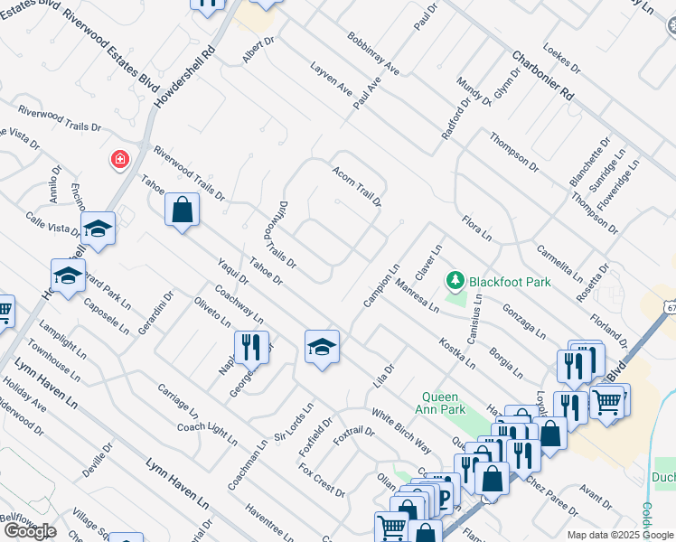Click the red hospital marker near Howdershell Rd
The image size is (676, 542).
(118, 161)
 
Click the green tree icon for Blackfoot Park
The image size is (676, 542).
(455, 282)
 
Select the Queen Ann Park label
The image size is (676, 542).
(454, 403)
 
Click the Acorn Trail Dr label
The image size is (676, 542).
(357, 186)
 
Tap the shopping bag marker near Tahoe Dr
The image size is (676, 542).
(182, 210)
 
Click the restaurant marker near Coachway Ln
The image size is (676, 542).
(251, 347)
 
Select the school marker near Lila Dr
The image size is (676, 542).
(321, 348)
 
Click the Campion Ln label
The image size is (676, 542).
(381, 285)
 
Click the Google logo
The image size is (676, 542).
(29, 531)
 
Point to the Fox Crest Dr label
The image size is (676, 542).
(322, 481)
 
